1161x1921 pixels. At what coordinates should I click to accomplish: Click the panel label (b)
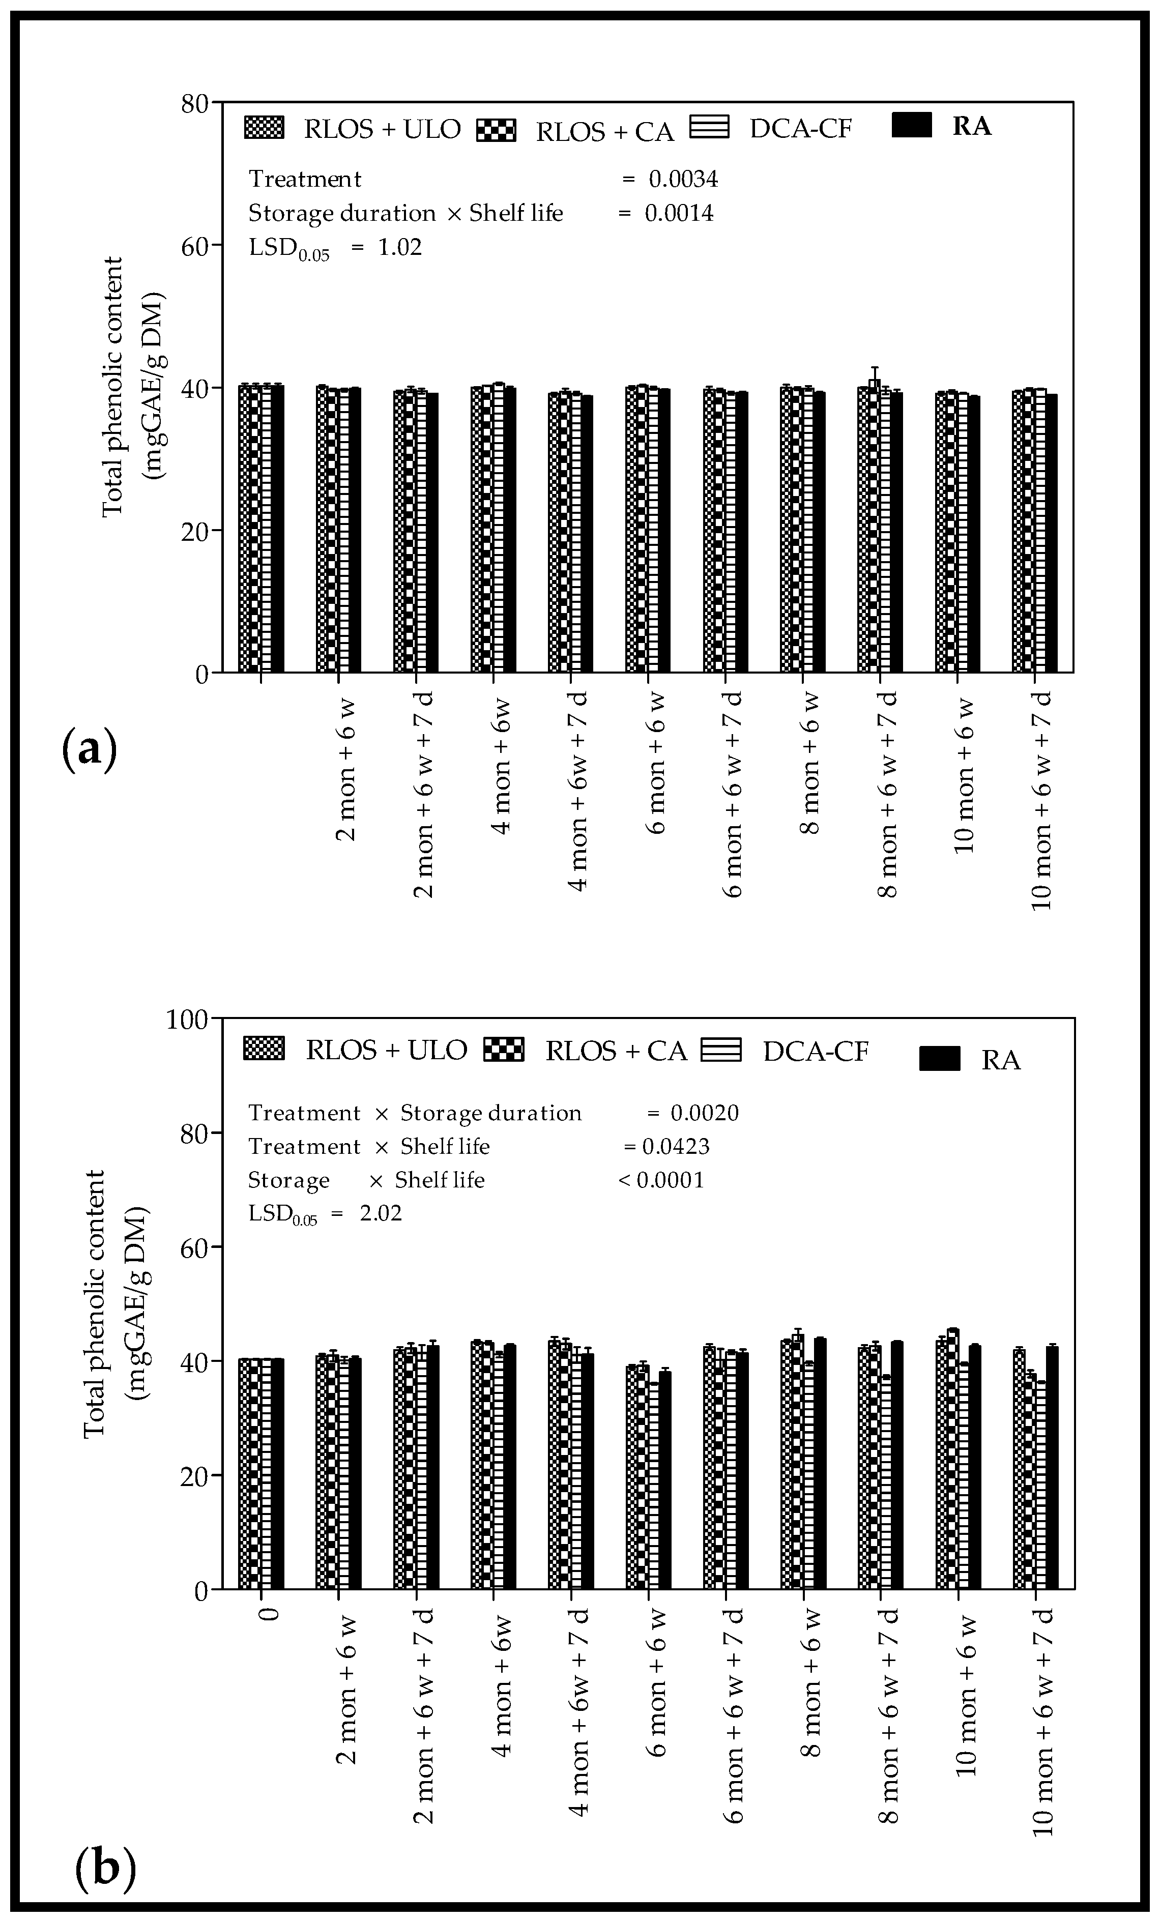coord(105,1869)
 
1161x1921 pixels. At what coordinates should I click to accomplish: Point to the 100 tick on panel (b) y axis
coord(187,1019)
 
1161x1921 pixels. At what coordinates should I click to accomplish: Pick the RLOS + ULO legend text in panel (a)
coord(382,129)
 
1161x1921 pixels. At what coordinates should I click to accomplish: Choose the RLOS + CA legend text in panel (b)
coord(616,1051)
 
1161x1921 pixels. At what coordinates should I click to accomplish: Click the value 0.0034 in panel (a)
coord(683,179)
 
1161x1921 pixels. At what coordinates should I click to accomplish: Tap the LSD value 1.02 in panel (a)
coord(399,247)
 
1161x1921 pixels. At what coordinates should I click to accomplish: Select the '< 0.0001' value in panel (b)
coord(661,1180)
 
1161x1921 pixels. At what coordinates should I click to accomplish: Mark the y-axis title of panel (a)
coord(133,386)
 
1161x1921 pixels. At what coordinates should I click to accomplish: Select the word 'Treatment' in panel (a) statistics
coord(305,179)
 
